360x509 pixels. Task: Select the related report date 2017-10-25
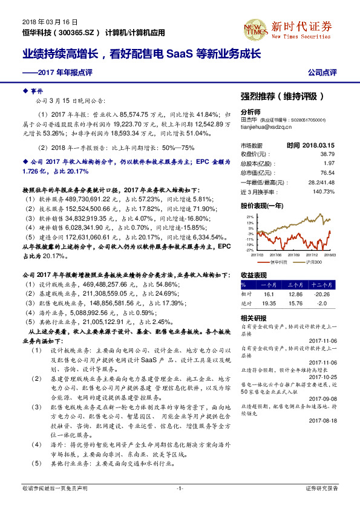point(336,377)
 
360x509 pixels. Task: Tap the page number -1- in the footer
point(179,488)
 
